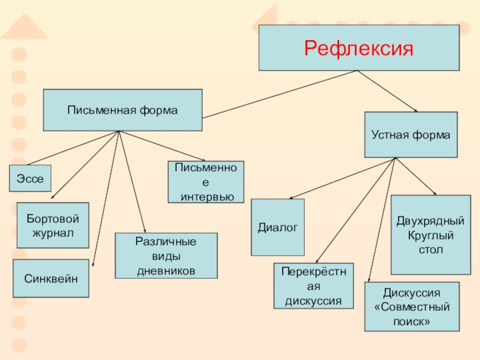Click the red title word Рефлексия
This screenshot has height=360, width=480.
[x=359, y=47]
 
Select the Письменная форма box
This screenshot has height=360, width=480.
[x=122, y=110]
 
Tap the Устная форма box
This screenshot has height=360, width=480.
[x=410, y=135]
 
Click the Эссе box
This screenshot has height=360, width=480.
[x=30, y=179]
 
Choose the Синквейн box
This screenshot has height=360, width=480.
[x=51, y=278]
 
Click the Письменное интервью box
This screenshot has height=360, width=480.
[x=205, y=182]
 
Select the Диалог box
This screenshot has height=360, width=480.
[x=277, y=227]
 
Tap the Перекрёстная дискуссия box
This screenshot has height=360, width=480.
[x=314, y=286]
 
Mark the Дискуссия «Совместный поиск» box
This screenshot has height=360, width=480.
[x=412, y=307]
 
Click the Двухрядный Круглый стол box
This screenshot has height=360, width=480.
[x=430, y=235]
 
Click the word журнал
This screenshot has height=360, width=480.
[x=53, y=232]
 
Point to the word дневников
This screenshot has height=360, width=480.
[x=166, y=270]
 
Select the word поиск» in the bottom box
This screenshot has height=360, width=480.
[x=412, y=321]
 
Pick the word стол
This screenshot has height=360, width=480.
[x=431, y=248]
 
